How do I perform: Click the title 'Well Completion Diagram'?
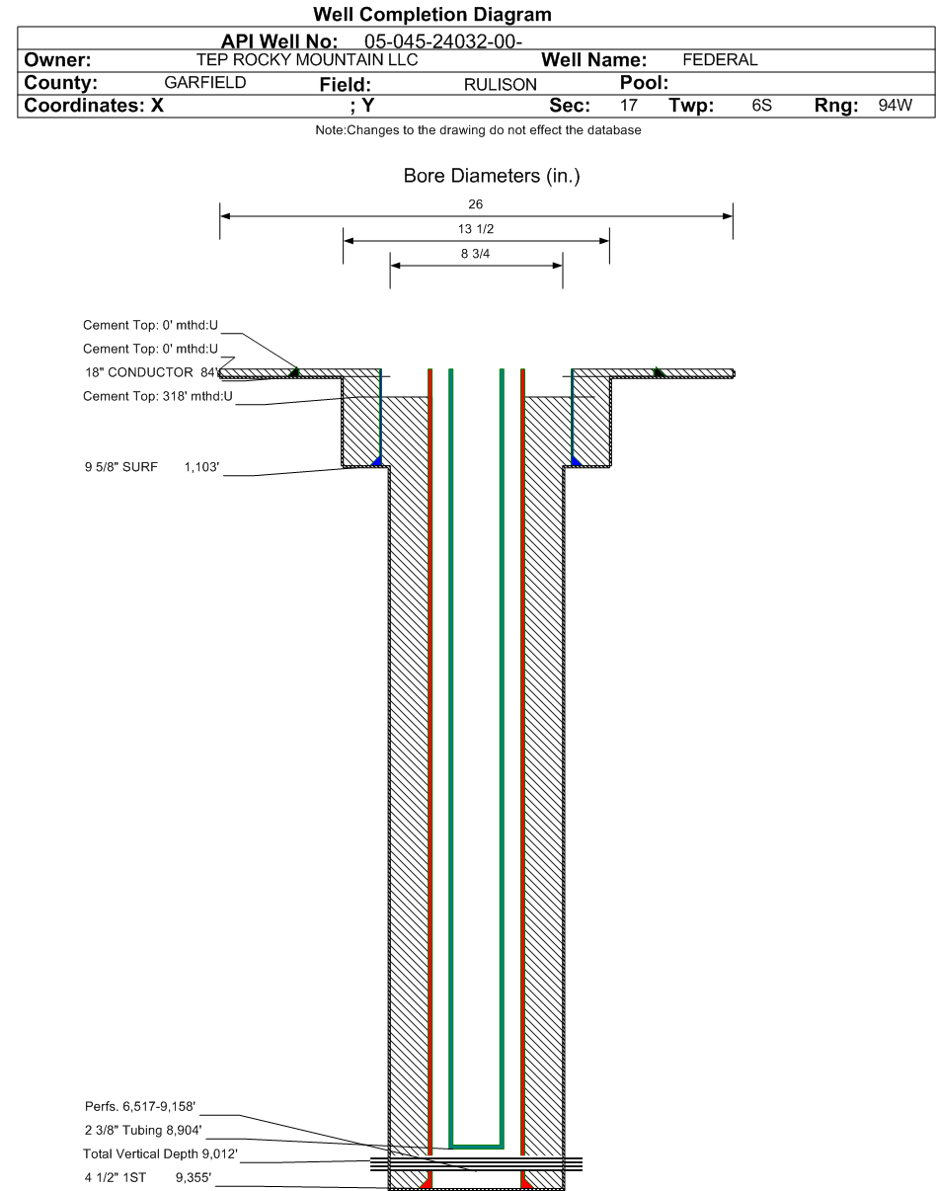click(x=431, y=15)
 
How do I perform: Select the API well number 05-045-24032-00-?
click(x=443, y=41)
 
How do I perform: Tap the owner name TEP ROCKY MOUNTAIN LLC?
click(x=307, y=60)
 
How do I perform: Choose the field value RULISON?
click(x=500, y=85)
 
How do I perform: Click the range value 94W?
click(x=895, y=106)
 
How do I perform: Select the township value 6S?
click(x=761, y=106)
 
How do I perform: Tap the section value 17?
click(x=629, y=106)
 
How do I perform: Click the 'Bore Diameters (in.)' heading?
click(x=477, y=177)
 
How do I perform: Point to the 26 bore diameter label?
click(x=476, y=204)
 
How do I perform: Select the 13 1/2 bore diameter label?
click(x=476, y=229)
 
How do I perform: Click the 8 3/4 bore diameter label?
click(x=476, y=254)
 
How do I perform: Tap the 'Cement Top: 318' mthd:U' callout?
click(x=158, y=397)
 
